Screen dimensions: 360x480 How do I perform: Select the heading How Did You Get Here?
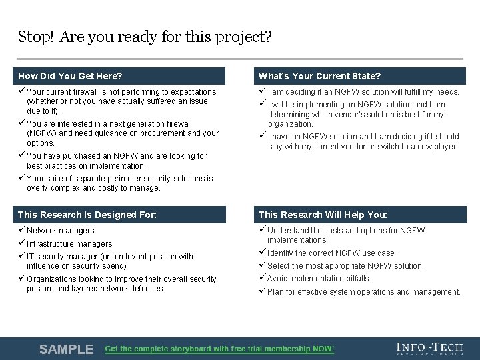click(x=70, y=76)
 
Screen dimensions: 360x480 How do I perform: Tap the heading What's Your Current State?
click(x=319, y=76)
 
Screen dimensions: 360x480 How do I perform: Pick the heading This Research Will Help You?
click(x=323, y=215)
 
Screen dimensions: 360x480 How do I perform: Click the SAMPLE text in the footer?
click(x=66, y=349)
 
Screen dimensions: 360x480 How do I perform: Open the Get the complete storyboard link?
click(x=219, y=349)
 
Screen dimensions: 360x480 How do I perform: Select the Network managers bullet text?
click(x=60, y=231)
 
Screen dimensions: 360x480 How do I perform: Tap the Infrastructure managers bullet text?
click(x=69, y=244)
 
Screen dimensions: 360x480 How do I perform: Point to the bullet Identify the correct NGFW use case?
click(x=331, y=253)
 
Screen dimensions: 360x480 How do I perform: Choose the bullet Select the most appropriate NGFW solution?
click(x=345, y=266)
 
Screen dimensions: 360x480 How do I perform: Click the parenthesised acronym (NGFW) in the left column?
click(x=41, y=133)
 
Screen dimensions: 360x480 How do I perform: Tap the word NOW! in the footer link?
click(x=322, y=349)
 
